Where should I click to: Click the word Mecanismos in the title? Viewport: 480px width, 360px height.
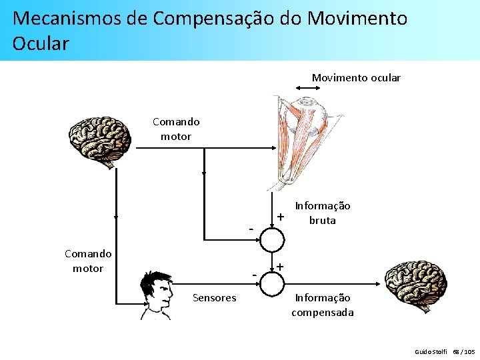click(x=67, y=18)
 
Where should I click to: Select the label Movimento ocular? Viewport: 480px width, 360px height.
click(x=356, y=78)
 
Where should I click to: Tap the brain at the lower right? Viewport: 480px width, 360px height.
click(x=417, y=283)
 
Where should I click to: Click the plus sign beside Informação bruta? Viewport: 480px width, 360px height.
click(x=281, y=216)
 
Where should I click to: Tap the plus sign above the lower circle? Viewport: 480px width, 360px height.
click(x=281, y=267)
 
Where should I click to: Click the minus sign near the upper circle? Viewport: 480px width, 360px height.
click(x=251, y=229)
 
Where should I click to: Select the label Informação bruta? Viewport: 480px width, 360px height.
click(x=323, y=213)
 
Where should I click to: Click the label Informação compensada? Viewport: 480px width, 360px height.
click(x=323, y=305)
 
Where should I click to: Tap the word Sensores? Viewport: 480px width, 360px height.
click(x=214, y=298)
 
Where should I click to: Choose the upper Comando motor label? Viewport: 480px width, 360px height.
click(x=176, y=129)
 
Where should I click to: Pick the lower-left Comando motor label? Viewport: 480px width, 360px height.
click(x=88, y=261)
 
